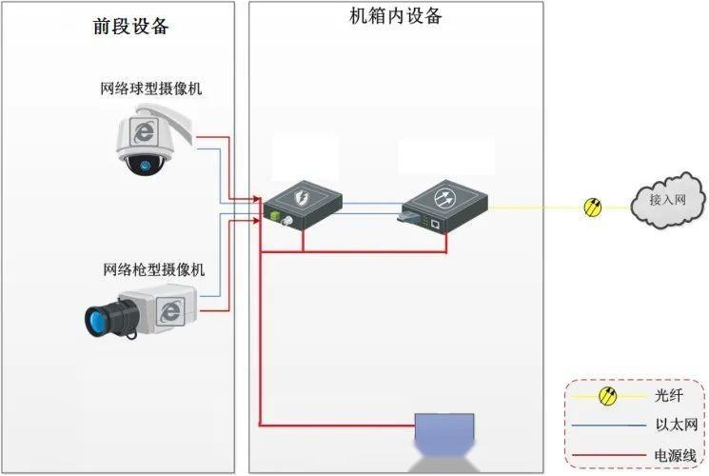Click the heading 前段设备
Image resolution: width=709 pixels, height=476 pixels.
(131, 27)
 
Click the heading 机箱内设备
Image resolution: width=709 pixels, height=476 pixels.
(396, 16)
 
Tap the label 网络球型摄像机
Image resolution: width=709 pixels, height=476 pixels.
(151, 89)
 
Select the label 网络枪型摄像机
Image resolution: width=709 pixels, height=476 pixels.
(154, 269)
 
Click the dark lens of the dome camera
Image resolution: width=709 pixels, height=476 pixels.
(145, 165)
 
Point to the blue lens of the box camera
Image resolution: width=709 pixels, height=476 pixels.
(96, 321)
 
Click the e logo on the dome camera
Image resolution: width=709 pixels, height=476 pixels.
(144, 131)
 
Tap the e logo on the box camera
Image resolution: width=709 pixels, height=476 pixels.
(170, 311)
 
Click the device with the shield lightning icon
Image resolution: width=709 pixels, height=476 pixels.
(303, 205)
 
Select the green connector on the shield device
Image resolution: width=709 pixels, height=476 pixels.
(273, 215)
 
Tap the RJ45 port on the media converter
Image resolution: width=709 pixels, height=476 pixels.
(436, 223)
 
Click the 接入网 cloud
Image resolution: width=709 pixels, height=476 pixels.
(668, 200)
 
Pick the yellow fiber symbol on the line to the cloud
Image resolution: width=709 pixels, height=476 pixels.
(593, 208)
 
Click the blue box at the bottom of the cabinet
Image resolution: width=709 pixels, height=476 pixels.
(444, 427)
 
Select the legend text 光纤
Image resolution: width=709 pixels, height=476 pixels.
(668, 395)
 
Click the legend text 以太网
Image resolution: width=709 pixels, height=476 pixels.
(677, 425)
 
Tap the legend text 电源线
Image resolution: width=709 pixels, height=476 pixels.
(676, 455)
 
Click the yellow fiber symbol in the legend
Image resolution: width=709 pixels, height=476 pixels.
(607, 396)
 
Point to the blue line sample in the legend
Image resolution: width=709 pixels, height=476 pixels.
(609, 426)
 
